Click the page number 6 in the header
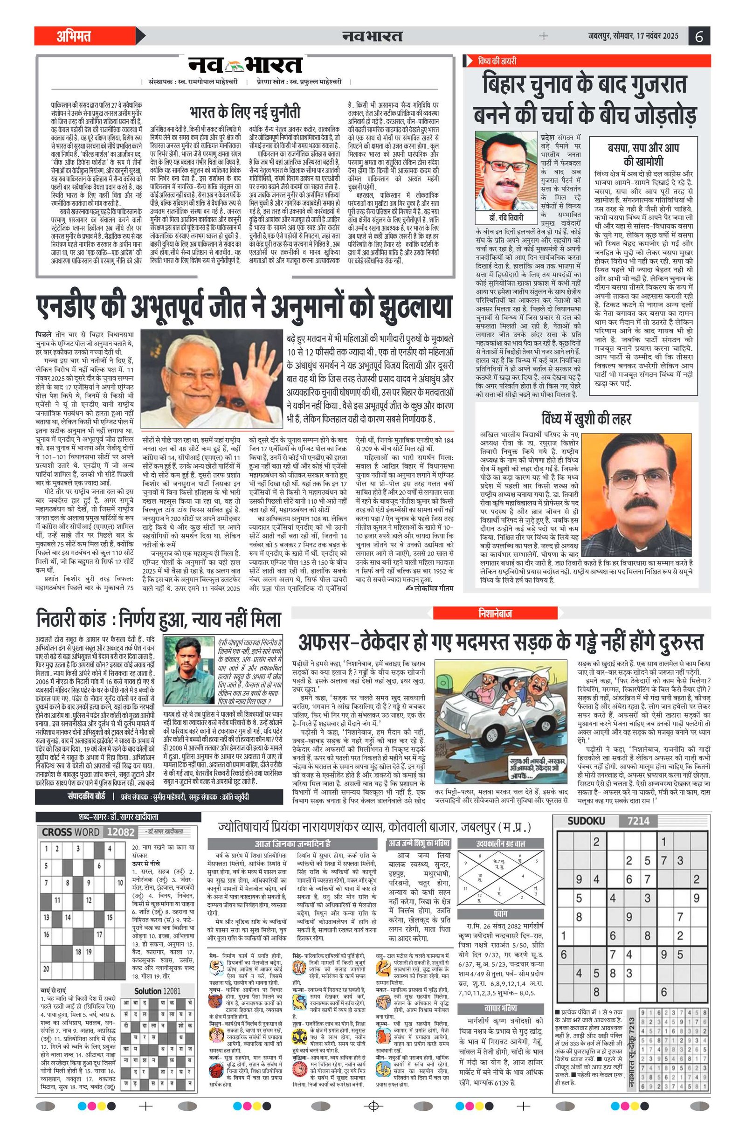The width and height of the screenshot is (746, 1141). point(698,36)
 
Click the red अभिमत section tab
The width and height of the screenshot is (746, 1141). point(74,36)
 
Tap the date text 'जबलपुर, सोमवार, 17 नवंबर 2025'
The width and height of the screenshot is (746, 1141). point(633,36)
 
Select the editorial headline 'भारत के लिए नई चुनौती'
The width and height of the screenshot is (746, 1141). point(245,112)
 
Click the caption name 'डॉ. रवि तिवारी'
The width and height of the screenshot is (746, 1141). point(503,217)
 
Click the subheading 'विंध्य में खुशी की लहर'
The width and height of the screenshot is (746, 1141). point(586,419)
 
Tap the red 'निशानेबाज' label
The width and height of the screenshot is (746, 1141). point(495,613)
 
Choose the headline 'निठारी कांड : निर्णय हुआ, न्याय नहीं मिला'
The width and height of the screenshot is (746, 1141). point(158,619)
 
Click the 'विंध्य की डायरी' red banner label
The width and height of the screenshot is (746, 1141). point(497,62)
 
